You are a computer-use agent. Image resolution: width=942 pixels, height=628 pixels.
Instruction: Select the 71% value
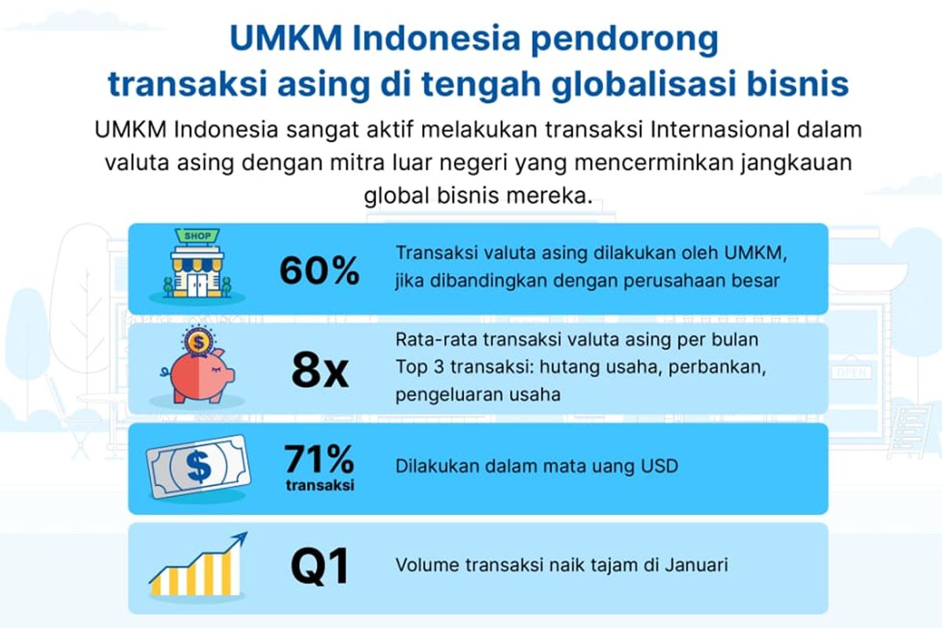pyautogui.click(x=319, y=458)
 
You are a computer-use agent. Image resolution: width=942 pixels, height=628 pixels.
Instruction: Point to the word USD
pyautogui.click(x=659, y=466)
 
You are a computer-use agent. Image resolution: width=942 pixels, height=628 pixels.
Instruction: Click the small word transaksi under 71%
pyautogui.click(x=319, y=484)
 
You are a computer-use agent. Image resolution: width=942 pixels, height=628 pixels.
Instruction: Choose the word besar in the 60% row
pyautogui.click(x=758, y=280)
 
